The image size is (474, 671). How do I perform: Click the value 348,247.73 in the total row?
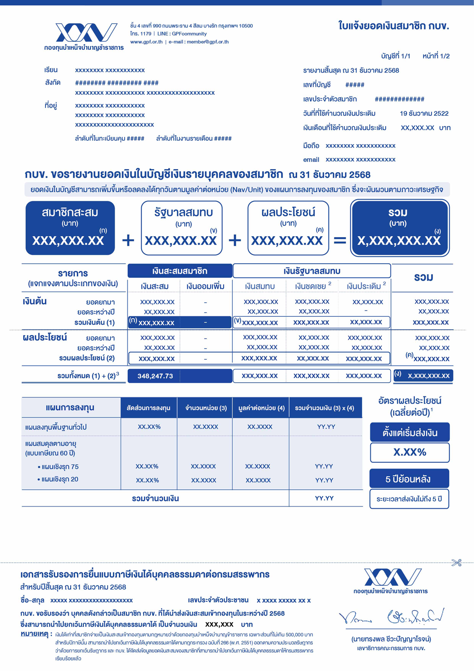pyautogui.click(x=155, y=376)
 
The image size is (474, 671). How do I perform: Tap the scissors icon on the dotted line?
pyautogui.click(x=456, y=562)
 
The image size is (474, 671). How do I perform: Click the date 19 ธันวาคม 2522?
pyautogui.click(x=424, y=113)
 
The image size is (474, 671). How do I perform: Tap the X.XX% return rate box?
pyautogui.click(x=410, y=452)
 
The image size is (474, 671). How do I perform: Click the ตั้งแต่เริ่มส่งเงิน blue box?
pyautogui.click(x=410, y=433)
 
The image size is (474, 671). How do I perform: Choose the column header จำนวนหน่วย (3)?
pyautogui.click(x=206, y=408)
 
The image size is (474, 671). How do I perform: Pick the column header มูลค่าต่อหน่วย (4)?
pyautogui.click(x=261, y=408)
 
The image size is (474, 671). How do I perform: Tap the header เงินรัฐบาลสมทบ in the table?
pyautogui.click(x=311, y=271)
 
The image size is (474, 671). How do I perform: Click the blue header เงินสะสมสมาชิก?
pyautogui.click(x=180, y=271)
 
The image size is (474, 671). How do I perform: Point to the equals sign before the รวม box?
pyautogui.click(x=340, y=240)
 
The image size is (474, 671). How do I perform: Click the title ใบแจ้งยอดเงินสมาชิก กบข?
pyautogui.click(x=393, y=26)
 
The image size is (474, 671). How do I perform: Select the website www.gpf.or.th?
pyautogui.click(x=146, y=42)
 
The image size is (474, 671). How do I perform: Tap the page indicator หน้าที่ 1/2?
pyautogui.click(x=436, y=56)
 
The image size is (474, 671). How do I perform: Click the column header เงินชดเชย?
pyautogui.click(x=311, y=286)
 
